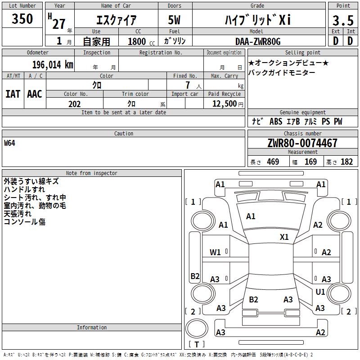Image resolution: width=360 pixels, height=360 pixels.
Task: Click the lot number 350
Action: [22, 18]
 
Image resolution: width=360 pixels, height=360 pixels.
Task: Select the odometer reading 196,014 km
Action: [53, 65]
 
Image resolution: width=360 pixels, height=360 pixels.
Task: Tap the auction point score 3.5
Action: [343, 20]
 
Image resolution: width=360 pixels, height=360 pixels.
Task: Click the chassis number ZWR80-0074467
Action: [302, 143]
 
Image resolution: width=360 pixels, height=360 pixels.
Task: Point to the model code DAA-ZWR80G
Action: [258, 41]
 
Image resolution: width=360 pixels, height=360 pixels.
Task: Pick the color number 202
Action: [74, 104]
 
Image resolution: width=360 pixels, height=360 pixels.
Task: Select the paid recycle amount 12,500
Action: [224, 103]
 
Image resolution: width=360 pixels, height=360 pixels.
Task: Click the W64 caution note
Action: [9, 143]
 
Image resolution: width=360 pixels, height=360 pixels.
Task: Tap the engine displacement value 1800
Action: [137, 41]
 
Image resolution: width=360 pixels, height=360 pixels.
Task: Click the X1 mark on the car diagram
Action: [284, 237]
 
